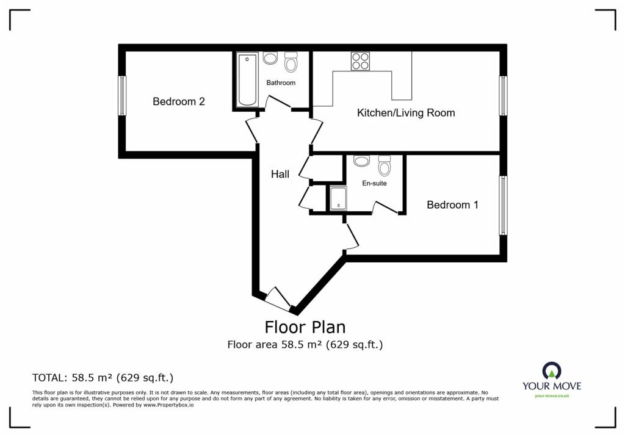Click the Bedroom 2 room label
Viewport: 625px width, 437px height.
tap(178, 102)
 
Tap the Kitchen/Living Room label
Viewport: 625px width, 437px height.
tap(405, 113)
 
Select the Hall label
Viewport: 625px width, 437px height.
tap(280, 175)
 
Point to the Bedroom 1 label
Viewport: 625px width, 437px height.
tap(452, 205)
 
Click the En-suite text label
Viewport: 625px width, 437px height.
tap(374, 183)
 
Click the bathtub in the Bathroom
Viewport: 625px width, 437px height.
tap(247, 80)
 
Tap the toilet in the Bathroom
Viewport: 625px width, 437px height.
tap(291, 62)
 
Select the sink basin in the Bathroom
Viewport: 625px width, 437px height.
tap(270, 59)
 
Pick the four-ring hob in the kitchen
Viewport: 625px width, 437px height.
tap(360, 61)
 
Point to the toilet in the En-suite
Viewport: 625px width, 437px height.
tap(384, 165)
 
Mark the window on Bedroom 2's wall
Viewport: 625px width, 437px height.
tap(122, 95)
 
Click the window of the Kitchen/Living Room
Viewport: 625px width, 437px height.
tap(504, 95)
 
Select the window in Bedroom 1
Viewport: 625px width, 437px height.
tap(504, 205)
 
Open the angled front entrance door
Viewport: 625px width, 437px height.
tap(278, 298)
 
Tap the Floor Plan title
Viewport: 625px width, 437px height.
tap(305, 328)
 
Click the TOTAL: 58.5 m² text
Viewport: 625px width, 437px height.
tap(107, 378)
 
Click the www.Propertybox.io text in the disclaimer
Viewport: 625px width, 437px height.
tap(168, 405)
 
